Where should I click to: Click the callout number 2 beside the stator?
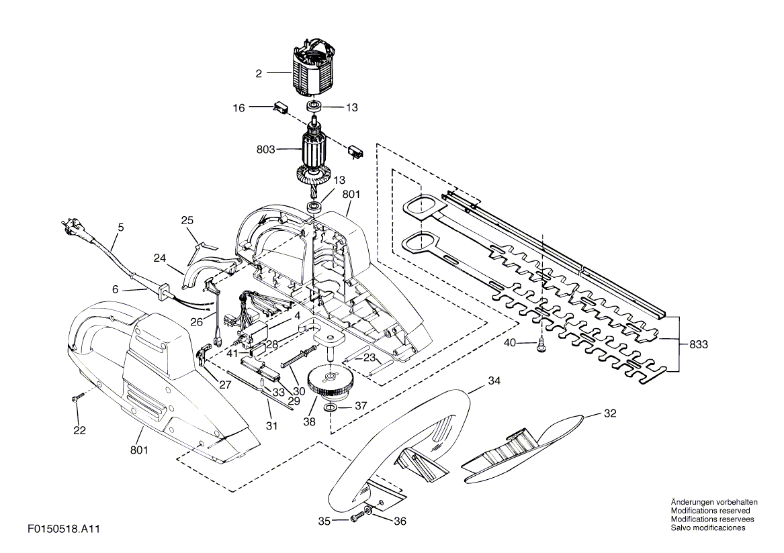[259, 74]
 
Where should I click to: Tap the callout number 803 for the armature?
[266, 150]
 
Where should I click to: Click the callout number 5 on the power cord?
[120, 228]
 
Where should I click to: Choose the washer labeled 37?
[331, 407]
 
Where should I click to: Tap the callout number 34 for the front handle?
[494, 381]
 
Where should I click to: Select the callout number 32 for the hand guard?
[610, 413]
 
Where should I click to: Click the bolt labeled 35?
[357, 517]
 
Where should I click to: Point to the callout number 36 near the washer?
[400, 521]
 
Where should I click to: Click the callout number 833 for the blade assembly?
[699, 344]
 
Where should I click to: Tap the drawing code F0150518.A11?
[64, 529]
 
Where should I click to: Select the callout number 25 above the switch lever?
[187, 220]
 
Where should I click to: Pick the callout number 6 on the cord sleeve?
[115, 289]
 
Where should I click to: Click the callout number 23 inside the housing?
[369, 358]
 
